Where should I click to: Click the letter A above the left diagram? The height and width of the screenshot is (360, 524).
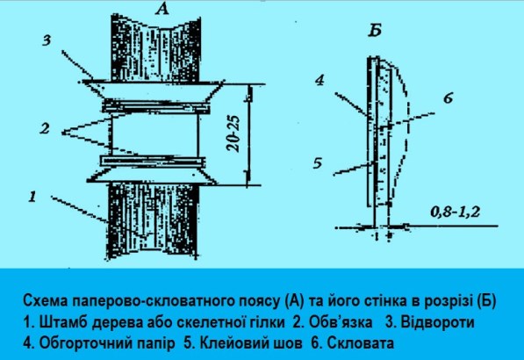point(162,10)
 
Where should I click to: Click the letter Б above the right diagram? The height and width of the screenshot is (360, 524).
point(375,31)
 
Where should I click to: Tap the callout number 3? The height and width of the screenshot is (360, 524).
point(47,40)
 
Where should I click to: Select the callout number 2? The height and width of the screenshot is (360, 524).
point(45,128)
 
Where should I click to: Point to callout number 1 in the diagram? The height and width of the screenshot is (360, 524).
point(32,197)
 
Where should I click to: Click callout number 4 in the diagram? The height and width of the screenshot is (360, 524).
point(319,80)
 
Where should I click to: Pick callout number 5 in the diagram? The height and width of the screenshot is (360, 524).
point(318,163)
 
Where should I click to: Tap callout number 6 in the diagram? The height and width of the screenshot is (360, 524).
point(449,98)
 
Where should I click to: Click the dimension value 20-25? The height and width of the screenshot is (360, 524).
point(233,133)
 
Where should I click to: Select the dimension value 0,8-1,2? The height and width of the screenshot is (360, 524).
point(455,212)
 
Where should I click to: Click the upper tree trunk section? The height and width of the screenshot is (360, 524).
point(155,48)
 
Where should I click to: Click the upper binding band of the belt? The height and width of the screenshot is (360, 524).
point(155,107)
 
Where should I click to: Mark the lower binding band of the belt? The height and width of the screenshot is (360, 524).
point(153,162)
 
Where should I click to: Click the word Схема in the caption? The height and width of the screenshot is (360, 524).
point(43,300)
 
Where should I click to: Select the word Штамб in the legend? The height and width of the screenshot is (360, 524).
point(63,322)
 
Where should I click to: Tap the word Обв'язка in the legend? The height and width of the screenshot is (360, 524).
point(341,322)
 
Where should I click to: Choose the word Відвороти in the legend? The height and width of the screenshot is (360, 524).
point(437,322)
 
